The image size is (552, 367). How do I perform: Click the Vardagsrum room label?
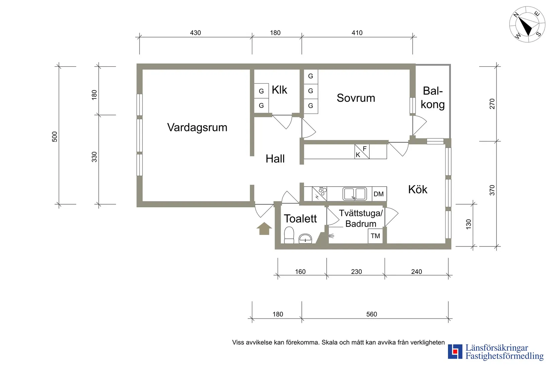point(197,128)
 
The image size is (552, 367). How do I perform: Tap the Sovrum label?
point(356,98)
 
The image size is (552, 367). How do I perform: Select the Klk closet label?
point(279,90)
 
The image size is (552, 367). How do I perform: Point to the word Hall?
point(275,159)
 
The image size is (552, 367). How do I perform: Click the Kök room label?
point(418,190)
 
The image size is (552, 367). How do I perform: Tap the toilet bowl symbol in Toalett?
point(289,235)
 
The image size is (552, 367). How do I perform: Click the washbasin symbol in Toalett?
point(305,238)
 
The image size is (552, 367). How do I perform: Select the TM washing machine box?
point(375,236)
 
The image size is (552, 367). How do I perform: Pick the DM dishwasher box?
point(379,194)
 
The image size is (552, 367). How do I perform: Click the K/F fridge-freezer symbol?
point(362,151)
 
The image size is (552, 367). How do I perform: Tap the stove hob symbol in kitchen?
point(319,194)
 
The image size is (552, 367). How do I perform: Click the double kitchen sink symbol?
point(355,194)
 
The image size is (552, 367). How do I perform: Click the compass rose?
point(527,24)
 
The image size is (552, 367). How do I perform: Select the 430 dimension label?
point(195,33)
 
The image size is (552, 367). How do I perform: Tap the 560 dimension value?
point(371,314)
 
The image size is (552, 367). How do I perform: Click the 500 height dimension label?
point(55,137)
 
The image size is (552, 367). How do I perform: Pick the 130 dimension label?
point(468,224)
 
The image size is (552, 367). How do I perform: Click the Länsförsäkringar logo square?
point(455,352)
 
